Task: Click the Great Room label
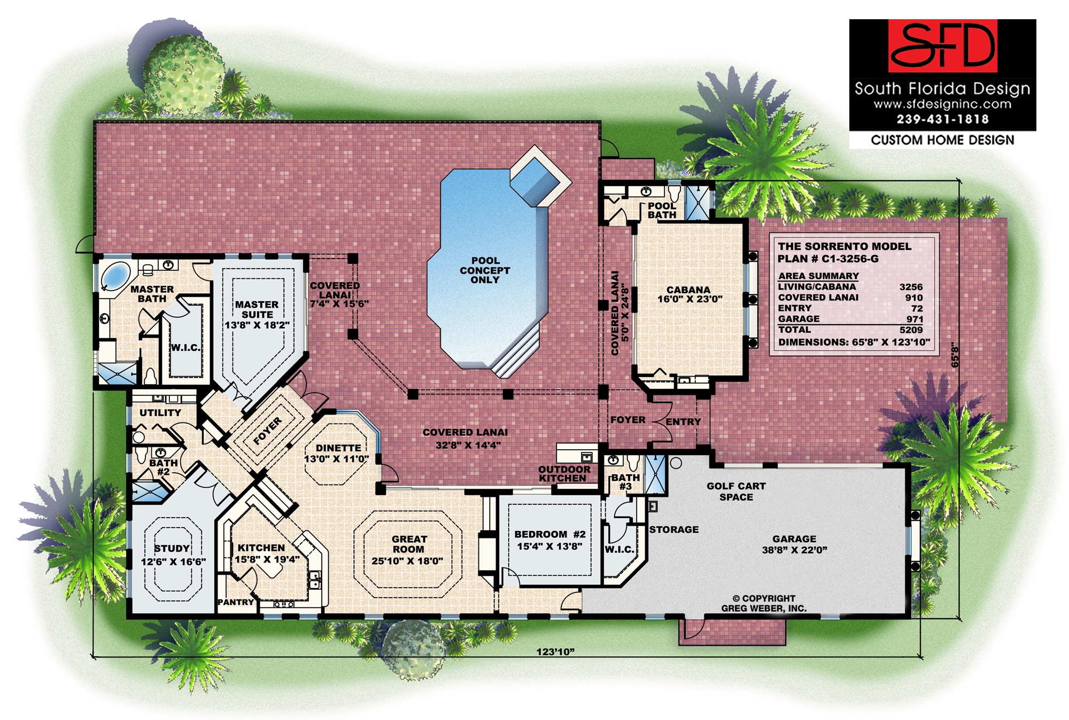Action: coord(409,544)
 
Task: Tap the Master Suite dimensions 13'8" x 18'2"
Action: coord(257,325)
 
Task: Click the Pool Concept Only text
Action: coord(485,270)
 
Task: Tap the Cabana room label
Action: coord(688,289)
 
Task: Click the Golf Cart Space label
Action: coord(736,491)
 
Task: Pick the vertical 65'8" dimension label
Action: coord(956,355)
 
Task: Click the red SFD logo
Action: coord(943,46)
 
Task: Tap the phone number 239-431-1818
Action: coord(942,119)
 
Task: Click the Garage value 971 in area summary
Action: coord(915,319)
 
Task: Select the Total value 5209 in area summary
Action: coord(911,330)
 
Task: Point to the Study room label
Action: coord(172,549)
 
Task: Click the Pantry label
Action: coord(236,602)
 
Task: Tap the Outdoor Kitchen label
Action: coord(564,474)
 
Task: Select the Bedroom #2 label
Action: coord(550,534)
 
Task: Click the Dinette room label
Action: coord(338,448)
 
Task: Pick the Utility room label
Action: coord(160,412)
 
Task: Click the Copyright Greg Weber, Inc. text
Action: coord(764,603)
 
